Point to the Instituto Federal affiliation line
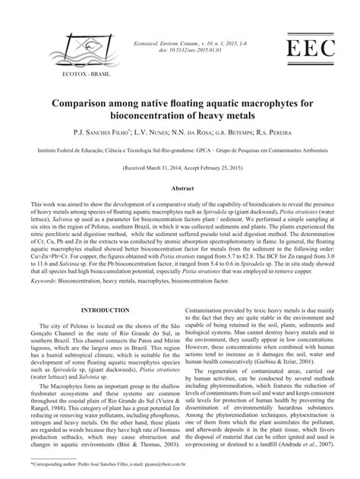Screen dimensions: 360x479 (179, 153)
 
